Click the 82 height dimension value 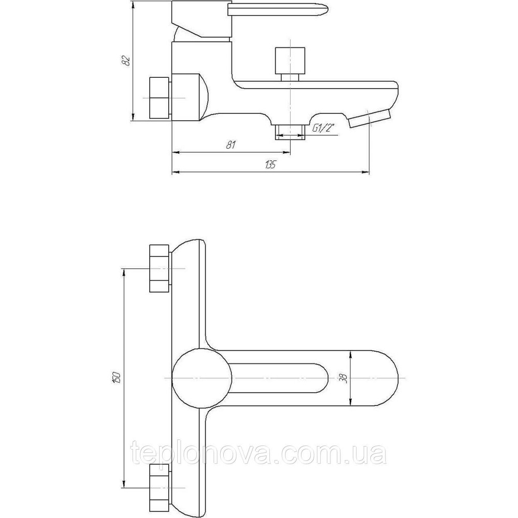[126, 61]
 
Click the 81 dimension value [231, 145]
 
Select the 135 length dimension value [270, 165]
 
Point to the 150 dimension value [117, 377]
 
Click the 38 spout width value [343, 378]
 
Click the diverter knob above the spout [290, 61]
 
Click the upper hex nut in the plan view [160, 268]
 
